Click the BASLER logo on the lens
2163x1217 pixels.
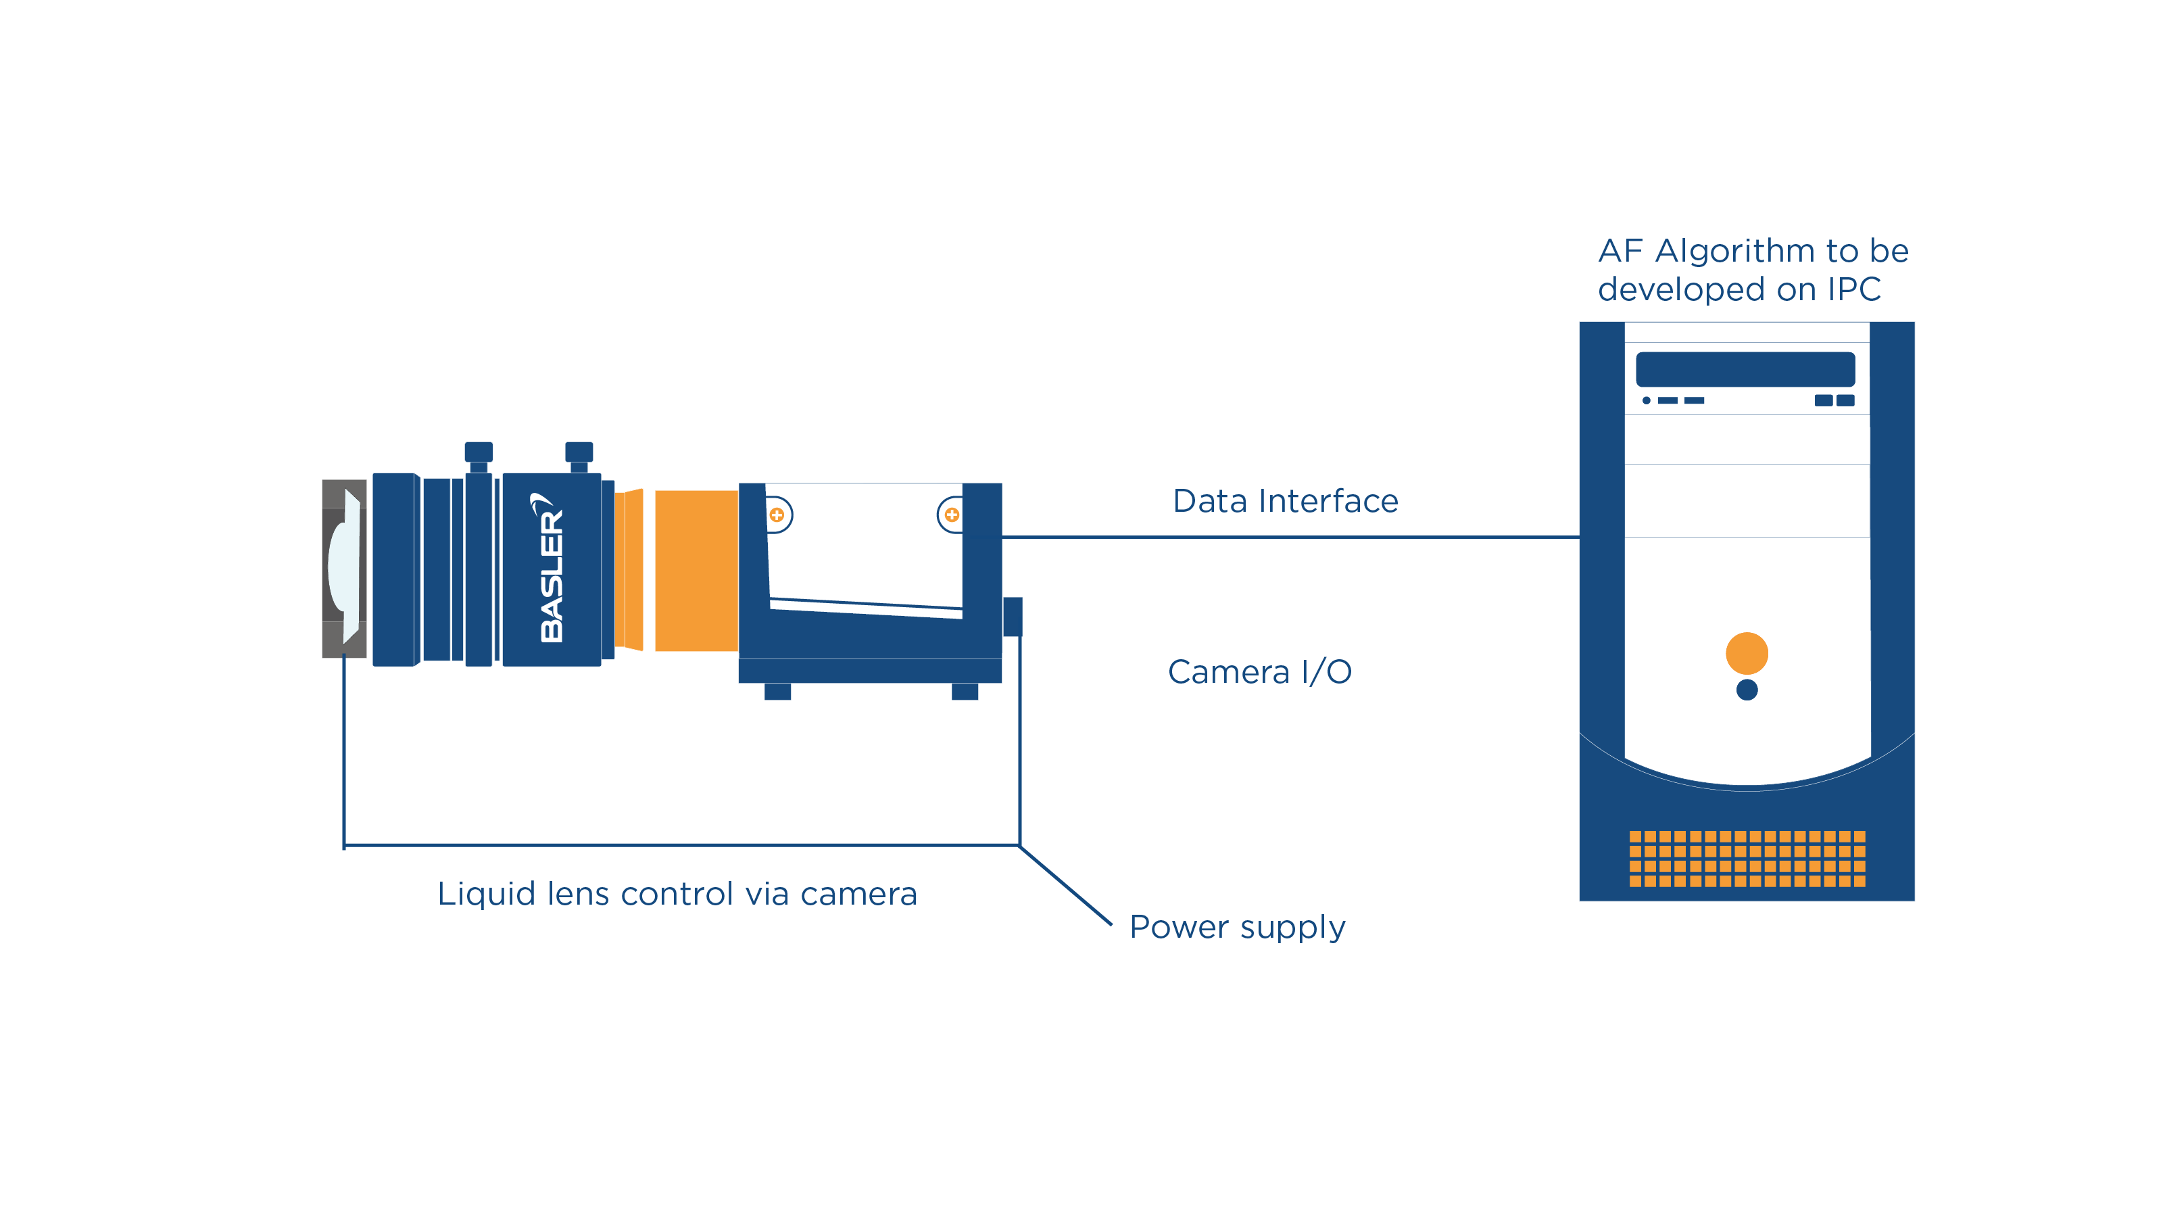click(x=551, y=569)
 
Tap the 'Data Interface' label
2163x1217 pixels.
click(x=1286, y=502)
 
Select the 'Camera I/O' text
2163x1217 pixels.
click(x=1259, y=672)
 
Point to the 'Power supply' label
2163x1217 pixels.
click(x=1237, y=927)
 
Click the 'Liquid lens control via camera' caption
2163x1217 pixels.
click(x=677, y=894)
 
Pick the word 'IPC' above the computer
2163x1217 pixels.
click(x=1854, y=290)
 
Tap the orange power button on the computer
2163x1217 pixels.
click(x=1747, y=653)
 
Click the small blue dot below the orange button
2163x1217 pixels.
click(x=1747, y=690)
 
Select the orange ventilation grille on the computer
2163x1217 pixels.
click(x=1747, y=859)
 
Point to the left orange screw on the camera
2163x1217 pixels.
click(x=777, y=515)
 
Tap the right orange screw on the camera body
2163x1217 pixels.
click(x=951, y=515)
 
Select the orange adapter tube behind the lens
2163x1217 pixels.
click(x=696, y=570)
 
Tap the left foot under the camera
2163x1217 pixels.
click(x=777, y=691)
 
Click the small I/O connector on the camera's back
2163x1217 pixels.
click(x=1013, y=617)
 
